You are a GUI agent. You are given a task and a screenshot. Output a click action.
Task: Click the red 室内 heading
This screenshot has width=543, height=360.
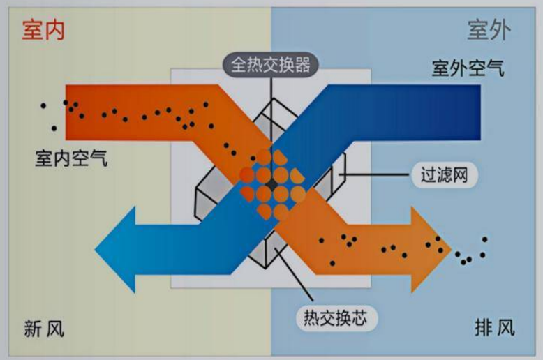(43, 31)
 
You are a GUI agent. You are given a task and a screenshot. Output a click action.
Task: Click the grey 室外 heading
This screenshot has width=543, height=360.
(489, 31)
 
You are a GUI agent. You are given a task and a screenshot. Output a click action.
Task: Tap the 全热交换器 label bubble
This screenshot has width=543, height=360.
(271, 65)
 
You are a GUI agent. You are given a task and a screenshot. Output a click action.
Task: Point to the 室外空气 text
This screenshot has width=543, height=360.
(468, 70)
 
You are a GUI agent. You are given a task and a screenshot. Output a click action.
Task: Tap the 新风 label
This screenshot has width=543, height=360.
(44, 329)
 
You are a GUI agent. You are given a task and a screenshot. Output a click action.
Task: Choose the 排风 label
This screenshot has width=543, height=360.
(495, 327)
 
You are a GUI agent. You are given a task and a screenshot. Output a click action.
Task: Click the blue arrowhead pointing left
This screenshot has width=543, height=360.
(116, 250)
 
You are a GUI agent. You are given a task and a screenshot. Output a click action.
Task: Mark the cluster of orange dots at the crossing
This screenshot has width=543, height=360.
(272, 185)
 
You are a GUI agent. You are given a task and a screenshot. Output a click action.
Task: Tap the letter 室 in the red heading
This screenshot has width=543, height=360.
(32, 31)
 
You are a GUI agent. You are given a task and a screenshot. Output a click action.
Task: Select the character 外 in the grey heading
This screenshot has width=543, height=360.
(500, 31)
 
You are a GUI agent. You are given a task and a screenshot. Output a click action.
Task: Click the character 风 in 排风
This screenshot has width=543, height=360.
(505, 327)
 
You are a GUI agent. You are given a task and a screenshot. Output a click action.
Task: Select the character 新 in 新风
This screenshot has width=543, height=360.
(34, 329)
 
